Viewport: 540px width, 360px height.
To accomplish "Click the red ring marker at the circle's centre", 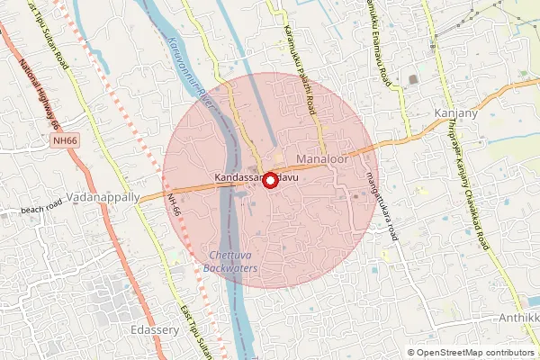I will click(x=268, y=178).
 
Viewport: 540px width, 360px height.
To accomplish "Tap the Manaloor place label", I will click(x=321, y=159).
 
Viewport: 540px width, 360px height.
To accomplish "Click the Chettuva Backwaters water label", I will click(x=232, y=261).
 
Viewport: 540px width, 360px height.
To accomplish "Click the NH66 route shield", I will click(x=65, y=140).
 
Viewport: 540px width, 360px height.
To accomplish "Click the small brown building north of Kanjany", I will click(x=413, y=80).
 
